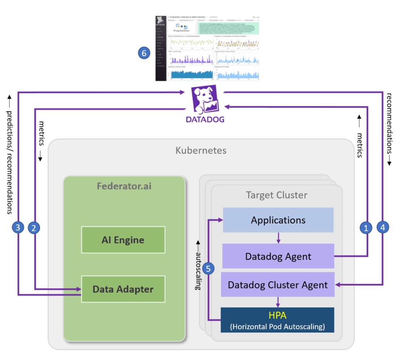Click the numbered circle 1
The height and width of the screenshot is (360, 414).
[x=366, y=228]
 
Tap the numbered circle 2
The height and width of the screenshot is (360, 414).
[x=34, y=228]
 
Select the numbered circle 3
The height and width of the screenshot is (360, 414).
[x=17, y=228]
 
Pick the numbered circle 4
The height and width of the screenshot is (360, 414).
[x=383, y=228]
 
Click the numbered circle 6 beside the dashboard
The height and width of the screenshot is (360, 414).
[x=144, y=53]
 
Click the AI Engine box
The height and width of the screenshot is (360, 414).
[x=123, y=240]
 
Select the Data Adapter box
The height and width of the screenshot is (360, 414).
[x=123, y=289]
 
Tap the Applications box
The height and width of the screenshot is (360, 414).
[x=278, y=220]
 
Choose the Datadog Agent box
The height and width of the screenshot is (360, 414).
[x=278, y=256]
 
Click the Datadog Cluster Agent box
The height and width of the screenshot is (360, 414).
[x=278, y=284]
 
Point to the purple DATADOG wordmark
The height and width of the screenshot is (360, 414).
[x=205, y=120]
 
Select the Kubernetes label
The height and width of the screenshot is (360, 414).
[x=201, y=151]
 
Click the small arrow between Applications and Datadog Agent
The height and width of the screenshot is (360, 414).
[x=278, y=238]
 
